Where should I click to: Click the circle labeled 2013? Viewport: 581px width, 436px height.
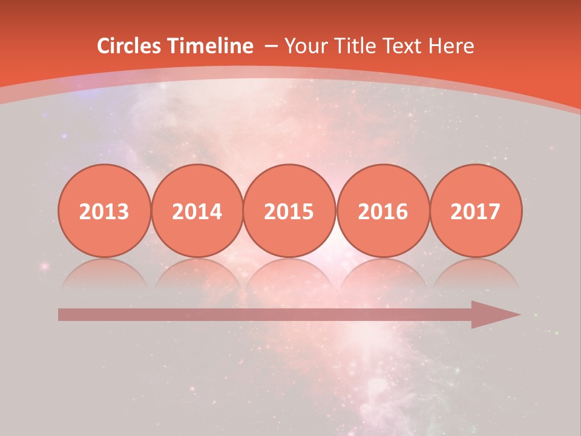pos(104,211)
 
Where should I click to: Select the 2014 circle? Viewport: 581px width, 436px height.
pos(197,211)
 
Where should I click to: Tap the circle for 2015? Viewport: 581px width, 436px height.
pos(289,211)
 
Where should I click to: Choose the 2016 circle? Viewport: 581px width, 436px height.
pos(382,211)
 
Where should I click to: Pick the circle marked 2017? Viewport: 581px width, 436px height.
pos(475,211)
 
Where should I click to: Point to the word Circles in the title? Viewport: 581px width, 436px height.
pos(130,46)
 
